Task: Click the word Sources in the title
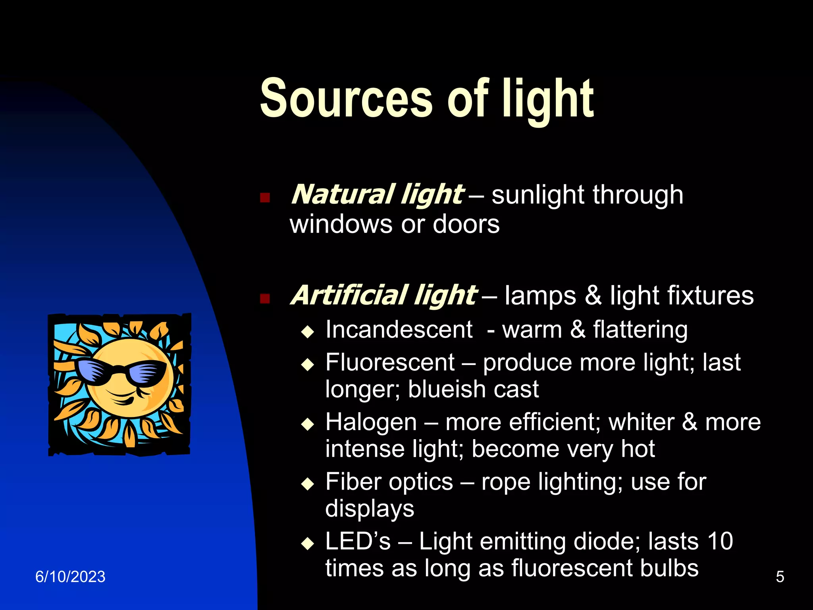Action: click(x=345, y=98)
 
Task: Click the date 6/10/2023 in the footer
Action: click(x=70, y=577)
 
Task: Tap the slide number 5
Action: click(x=780, y=577)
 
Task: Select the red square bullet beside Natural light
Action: click(x=265, y=197)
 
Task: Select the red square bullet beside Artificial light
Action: click(x=265, y=298)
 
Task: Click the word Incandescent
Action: click(x=399, y=330)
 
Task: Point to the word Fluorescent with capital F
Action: click(x=390, y=363)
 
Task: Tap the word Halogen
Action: click(x=371, y=422)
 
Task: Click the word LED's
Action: click(x=358, y=541)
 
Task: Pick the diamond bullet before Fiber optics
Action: click(x=308, y=484)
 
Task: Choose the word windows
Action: click(x=341, y=224)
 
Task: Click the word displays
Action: click(x=370, y=509)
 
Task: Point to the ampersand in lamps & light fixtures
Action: click(x=593, y=296)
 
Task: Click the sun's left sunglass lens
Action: click(x=94, y=371)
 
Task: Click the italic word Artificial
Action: click(x=349, y=296)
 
